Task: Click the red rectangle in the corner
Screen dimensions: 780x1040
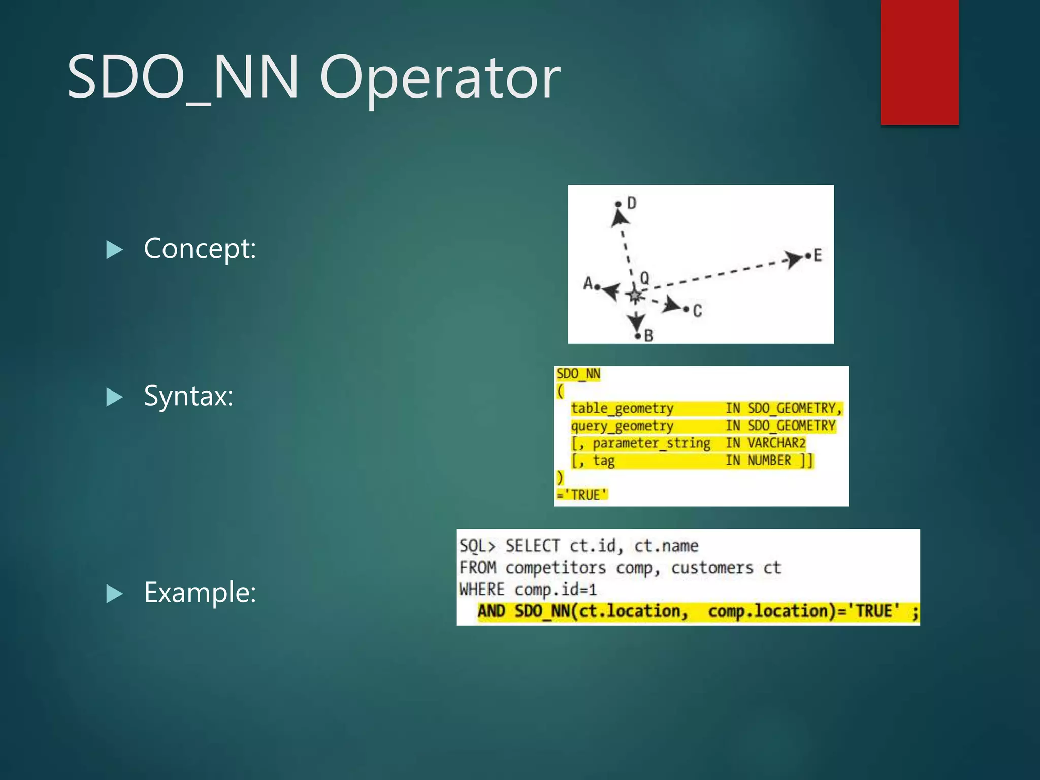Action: click(x=919, y=62)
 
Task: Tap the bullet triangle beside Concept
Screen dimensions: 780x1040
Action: click(x=114, y=249)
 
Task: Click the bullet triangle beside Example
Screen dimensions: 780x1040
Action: click(x=114, y=593)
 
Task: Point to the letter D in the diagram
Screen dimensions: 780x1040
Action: click(x=631, y=203)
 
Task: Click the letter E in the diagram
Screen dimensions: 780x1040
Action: click(x=817, y=255)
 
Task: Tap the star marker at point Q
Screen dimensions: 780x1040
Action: click(x=634, y=295)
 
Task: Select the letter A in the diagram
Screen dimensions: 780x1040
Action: click(x=588, y=283)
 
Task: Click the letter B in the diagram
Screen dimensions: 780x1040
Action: click(x=648, y=335)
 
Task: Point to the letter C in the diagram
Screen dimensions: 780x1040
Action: click(x=697, y=311)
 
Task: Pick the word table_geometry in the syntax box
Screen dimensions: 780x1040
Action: click(x=622, y=408)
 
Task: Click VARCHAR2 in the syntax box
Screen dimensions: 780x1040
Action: click(x=776, y=443)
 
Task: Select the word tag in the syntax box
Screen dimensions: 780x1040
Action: click(x=604, y=461)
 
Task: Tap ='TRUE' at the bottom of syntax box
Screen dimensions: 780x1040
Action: click(x=582, y=495)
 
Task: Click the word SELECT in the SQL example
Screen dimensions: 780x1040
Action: click(x=532, y=546)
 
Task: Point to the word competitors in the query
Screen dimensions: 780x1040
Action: click(x=556, y=568)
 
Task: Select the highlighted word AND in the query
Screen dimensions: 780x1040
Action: click(x=491, y=611)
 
